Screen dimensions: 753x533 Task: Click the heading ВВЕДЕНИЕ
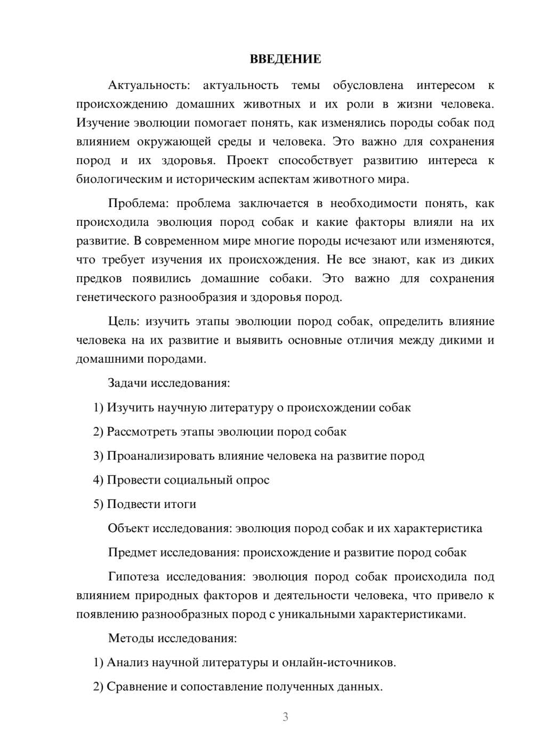[285, 59]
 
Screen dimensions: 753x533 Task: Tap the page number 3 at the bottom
[285, 717]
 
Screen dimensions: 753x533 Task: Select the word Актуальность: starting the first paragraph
[148, 85]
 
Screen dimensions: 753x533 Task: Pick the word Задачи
[128, 383]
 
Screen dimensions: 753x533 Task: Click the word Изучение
[103, 123]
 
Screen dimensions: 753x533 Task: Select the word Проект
[247, 160]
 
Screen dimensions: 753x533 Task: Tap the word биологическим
[119, 179]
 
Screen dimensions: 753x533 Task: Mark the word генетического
[116, 297]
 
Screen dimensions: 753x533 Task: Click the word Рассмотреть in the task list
[141, 431]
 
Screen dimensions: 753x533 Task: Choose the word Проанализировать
[160, 456]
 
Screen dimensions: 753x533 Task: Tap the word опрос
[251, 480]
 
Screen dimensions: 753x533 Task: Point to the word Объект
[128, 528]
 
